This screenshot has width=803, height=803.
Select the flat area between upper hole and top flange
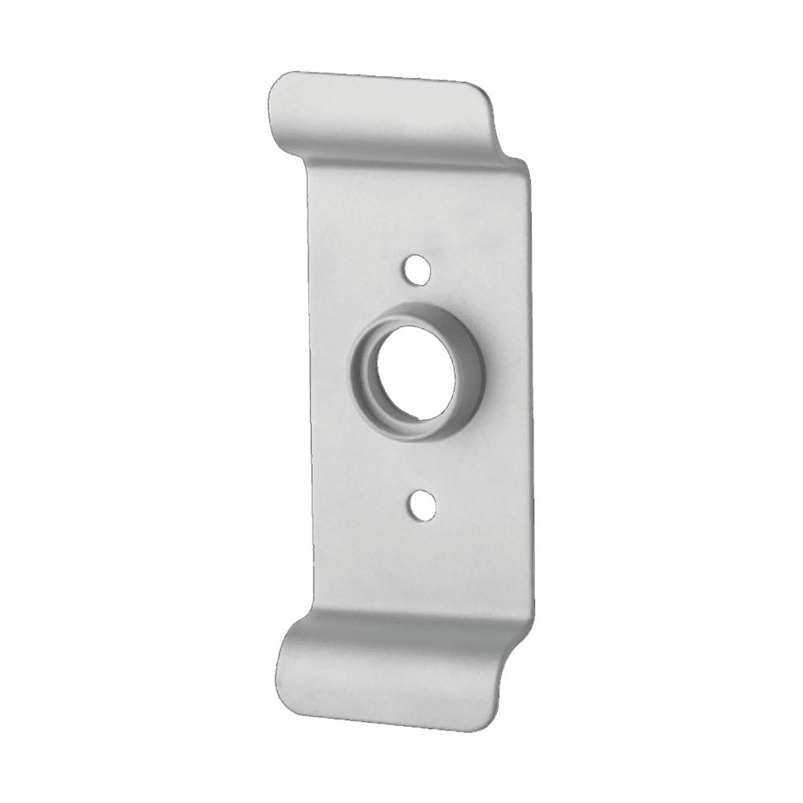pos(414,211)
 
